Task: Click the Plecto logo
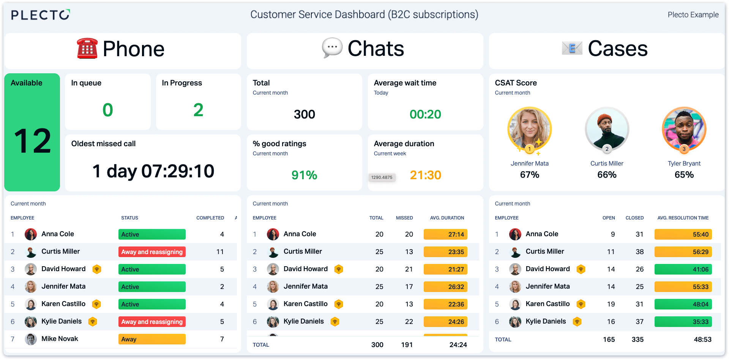(40, 15)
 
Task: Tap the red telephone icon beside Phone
(87, 49)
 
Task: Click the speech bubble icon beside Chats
(332, 48)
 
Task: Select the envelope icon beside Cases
(572, 48)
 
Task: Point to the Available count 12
(32, 141)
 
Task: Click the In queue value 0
(108, 110)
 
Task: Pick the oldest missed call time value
(153, 171)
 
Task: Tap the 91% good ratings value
(304, 175)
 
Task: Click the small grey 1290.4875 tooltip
(382, 177)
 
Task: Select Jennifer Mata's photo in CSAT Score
(529, 129)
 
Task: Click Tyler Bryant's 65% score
(684, 175)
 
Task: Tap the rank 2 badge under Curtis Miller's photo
(607, 149)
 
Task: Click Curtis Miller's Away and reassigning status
(152, 252)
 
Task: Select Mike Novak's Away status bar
(152, 339)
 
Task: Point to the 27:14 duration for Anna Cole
(445, 234)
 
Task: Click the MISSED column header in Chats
(404, 218)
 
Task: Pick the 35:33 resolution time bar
(683, 322)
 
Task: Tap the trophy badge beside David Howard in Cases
(581, 269)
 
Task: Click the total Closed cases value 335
(637, 339)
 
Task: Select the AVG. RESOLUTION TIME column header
(683, 218)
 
